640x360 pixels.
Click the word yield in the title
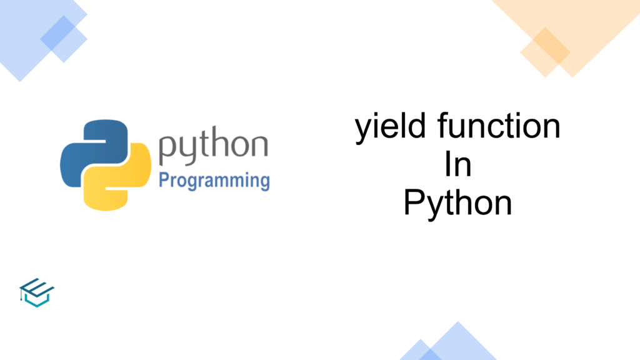coord(391,127)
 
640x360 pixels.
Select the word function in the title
coord(499,125)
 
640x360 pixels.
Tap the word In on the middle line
coord(458,164)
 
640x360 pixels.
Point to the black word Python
coord(457,204)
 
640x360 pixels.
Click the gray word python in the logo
coord(213,145)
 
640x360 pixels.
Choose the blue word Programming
coord(214,181)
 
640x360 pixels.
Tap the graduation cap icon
coord(37,292)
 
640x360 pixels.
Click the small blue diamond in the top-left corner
coord(64,39)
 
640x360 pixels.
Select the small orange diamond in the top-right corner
coord(545,52)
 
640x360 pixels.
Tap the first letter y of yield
coord(363,130)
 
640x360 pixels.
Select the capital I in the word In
coord(447,163)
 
